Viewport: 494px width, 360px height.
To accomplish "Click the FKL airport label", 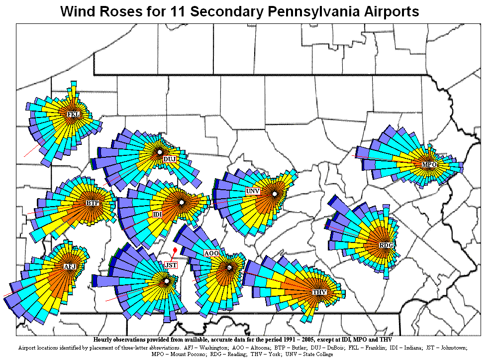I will pyautogui.click(x=73, y=114).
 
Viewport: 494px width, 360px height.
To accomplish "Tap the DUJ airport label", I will pyautogui.click(x=170, y=159).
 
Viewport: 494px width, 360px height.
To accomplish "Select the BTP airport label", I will pyautogui.click(x=93, y=203).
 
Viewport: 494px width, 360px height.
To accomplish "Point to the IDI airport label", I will pyautogui.click(x=157, y=214).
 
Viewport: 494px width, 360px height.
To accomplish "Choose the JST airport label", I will pyautogui.click(x=171, y=265).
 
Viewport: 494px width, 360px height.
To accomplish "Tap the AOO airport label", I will pyautogui.click(x=211, y=253).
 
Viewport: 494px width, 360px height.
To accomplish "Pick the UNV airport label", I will pyautogui.click(x=253, y=191).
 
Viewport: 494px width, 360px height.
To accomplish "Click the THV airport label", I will pyautogui.click(x=319, y=292).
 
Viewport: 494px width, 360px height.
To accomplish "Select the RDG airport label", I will pyautogui.click(x=386, y=245).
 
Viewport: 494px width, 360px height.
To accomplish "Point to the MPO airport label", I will pyautogui.click(x=429, y=164).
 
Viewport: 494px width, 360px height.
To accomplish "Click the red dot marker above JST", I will pyautogui.click(x=175, y=250).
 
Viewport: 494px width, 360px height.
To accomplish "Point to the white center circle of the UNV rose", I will pyautogui.click(x=274, y=194).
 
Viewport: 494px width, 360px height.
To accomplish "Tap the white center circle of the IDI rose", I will pyautogui.click(x=182, y=203).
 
